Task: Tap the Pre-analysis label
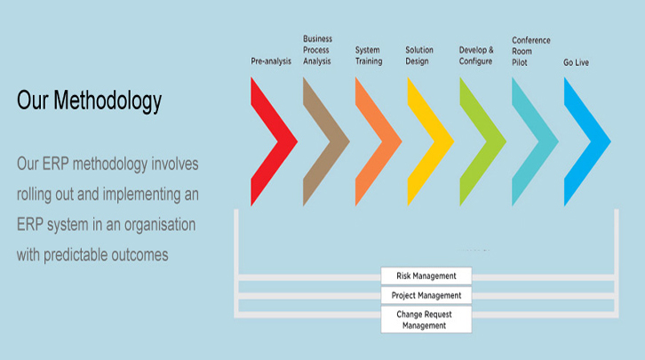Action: coord(271,61)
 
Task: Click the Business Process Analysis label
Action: coord(317,50)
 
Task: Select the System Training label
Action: coord(369,55)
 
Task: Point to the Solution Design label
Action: coord(419,55)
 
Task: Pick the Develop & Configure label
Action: coord(476,55)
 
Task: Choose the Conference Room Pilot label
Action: coord(531,52)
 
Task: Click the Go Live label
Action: coord(576,62)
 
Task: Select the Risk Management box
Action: coord(426,276)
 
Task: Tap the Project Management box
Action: coord(426,295)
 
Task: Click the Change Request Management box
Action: coord(426,320)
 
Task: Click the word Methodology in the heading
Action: coord(107,101)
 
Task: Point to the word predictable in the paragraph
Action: coord(76,255)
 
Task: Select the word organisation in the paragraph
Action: coord(160,225)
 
